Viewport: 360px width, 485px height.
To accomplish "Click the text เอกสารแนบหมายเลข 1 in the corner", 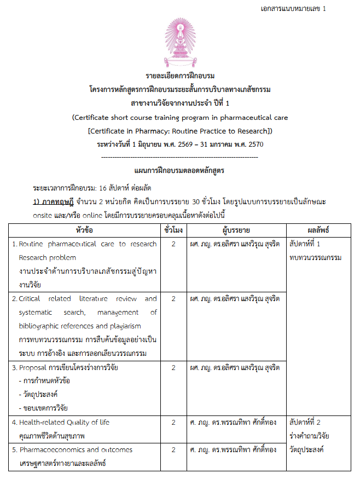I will pos(294,9).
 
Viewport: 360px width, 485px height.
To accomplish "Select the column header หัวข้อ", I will pos(84,229).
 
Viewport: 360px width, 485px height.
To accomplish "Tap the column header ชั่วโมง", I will pos(173,229).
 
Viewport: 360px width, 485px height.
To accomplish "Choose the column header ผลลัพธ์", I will pos(318,229).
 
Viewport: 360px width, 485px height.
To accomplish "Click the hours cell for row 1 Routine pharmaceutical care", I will pos(173,244).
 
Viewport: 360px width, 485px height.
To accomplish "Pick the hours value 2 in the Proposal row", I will pos(173,368).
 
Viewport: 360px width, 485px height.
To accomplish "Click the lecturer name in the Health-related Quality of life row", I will pos(234,423).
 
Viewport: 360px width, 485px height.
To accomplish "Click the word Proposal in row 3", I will pos(33,368).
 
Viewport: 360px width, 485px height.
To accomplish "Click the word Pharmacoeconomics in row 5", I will pos(53,450).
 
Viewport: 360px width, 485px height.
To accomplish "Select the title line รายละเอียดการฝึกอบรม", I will pos(180,76).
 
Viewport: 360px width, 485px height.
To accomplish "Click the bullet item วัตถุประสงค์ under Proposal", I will pos(41,395).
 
